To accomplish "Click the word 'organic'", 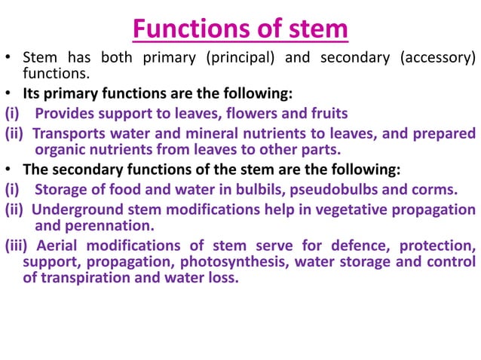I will [60, 148].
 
